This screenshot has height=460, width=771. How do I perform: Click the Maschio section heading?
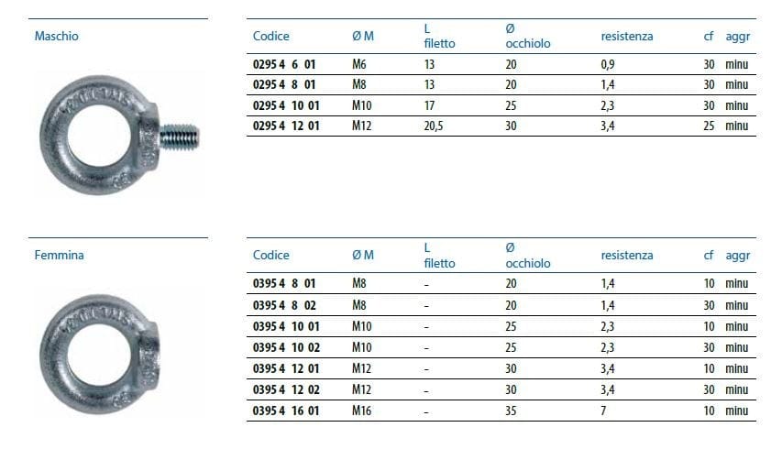[x=57, y=36]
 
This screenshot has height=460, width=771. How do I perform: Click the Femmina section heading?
[x=59, y=255]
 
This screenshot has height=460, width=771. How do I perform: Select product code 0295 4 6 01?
[x=283, y=64]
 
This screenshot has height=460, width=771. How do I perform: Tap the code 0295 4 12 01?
[x=286, y=126]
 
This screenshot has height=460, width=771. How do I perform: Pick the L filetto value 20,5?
[x=434, y=126]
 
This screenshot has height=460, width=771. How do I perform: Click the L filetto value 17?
[x=429, y=105]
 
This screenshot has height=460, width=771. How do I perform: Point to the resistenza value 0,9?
[x=608, y=64]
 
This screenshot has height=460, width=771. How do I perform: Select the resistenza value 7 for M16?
[x=603, y=411]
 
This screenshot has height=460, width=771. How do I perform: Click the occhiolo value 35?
[x=511, y=411]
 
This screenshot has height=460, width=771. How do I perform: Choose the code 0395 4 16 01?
[x=286, y=411]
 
